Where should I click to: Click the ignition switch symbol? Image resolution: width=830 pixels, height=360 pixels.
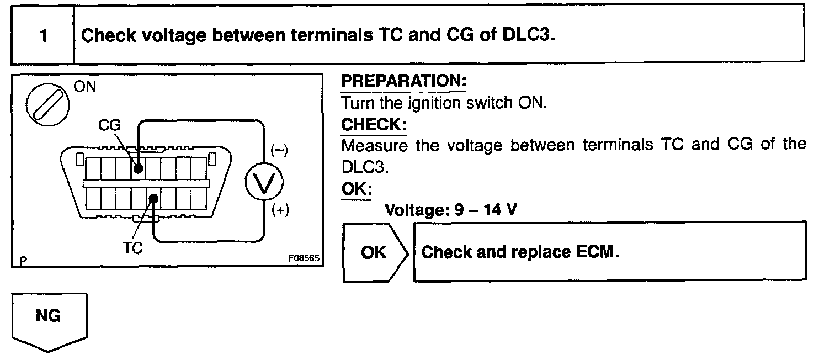pos(47,105)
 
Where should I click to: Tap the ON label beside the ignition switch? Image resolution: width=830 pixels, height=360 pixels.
pos(84,87)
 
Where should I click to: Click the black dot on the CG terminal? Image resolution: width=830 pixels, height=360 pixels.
pos(137,167)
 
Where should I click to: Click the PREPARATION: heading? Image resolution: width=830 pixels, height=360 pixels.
pos(404,81)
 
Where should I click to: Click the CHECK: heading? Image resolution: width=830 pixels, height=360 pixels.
pos(374,124)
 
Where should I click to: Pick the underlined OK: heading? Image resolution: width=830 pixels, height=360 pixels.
pos(357,190)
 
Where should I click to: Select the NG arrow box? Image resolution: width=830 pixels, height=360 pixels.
pos(49,320)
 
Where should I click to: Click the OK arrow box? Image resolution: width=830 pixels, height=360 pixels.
pos(374,252)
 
